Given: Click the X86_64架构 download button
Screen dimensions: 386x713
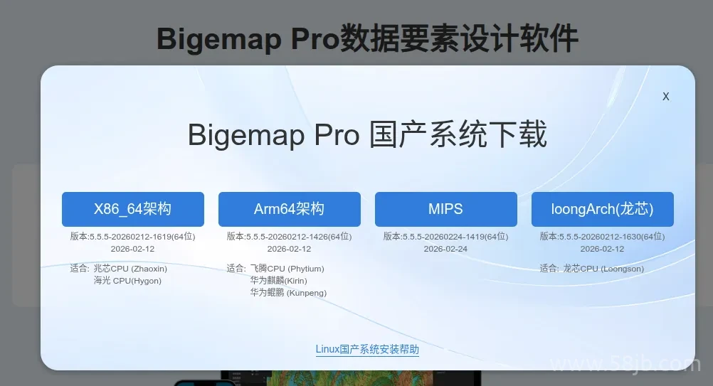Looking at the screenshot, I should [x=132, y=209].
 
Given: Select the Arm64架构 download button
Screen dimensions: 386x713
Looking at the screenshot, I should [x=289, y=209].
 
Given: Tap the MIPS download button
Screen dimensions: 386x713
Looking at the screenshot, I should [x=445, y=209].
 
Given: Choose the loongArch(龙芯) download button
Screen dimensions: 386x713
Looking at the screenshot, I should [x=602, y=209].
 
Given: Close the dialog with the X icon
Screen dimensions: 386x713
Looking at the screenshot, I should [x=666, y=97].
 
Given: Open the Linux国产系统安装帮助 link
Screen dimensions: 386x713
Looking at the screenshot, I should [x=367, y=349].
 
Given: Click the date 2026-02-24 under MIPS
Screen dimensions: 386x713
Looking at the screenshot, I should [x=445, y=249].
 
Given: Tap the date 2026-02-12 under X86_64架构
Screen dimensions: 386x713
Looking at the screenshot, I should [x=132, y=249].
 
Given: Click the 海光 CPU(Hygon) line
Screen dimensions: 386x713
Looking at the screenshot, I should [x=127, y=281].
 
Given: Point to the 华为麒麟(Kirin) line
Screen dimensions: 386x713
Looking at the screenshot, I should [x=278, y=281].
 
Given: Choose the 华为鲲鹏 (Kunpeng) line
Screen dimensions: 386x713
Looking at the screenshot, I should [x=288, y=293].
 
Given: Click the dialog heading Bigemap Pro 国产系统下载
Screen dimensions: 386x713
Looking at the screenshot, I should [x=367, y=134].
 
